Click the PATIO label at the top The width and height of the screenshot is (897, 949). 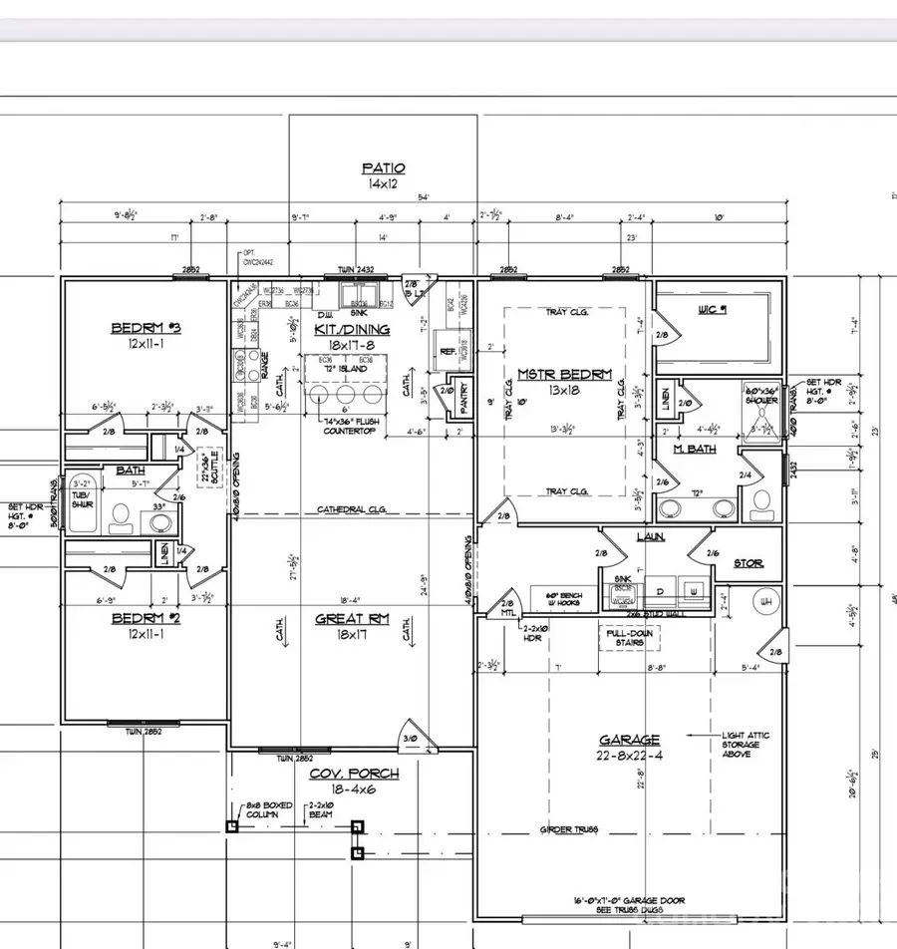tap(383, 169)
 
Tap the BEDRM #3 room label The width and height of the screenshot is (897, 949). tap(145, 328)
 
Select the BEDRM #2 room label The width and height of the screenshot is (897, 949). tap(145, 618)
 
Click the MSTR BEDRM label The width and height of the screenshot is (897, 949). tap(563, 375)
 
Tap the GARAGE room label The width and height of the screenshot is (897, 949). tap(629, 740)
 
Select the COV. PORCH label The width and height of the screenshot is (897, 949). tap(340, 774)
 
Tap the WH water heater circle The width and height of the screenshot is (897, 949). tap(765, 601)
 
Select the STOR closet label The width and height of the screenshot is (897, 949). tap(747, 564)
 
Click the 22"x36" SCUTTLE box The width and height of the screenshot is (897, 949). tap(210, 466)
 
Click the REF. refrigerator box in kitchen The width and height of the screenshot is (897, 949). tap(448, 351)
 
